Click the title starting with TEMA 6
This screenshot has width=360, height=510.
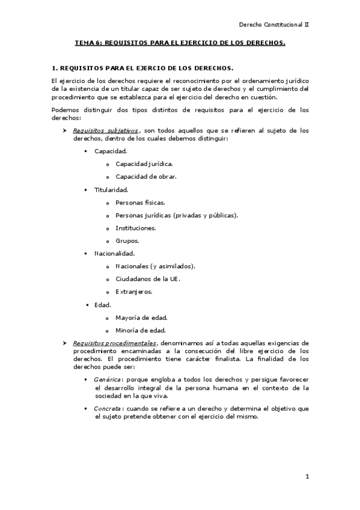[180, 43]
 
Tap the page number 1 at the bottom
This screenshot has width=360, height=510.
[307, 477]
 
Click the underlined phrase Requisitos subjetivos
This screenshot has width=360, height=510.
[106, 131]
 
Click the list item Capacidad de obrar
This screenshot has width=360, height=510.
[146, 177]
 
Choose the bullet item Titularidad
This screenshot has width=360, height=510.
[111, 189]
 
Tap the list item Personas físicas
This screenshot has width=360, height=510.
[140, 203]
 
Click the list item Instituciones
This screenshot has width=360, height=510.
[136, 228]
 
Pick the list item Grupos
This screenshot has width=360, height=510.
[127, 241]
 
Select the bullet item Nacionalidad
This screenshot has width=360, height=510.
[114, 253]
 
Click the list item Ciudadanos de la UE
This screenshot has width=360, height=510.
[148, 279]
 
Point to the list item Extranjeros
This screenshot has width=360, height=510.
[134, 292]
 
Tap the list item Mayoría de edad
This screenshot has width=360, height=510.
[142, 317]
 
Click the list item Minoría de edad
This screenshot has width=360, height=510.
[141, 330]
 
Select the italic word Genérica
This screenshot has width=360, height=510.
[108, 380]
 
